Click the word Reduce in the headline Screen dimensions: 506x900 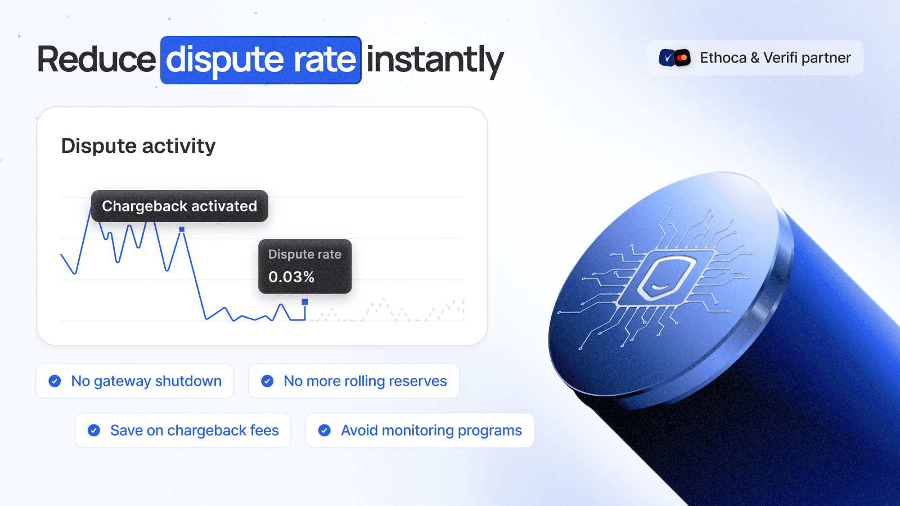point(96,60)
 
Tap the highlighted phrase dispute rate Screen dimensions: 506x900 point(261,60)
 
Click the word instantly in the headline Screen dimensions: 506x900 point(435,60)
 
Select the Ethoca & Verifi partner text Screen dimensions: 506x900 point(775,58)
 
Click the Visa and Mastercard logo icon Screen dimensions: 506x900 point(675,58)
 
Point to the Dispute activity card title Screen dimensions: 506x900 point(138,146)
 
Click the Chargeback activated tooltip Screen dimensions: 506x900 point(179,206)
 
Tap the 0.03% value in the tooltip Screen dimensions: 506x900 point(291,277)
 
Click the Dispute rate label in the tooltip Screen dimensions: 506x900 point(305,254)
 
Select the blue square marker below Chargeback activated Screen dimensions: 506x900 point(182,229)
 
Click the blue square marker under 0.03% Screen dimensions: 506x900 point(305,302)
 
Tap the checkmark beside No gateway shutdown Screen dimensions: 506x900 point(55,381)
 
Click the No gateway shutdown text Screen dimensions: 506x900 point(146,381)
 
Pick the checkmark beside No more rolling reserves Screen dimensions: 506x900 point(267,381)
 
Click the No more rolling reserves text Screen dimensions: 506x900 point(365,381)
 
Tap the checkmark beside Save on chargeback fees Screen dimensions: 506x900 point(94,431)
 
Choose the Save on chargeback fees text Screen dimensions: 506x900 point(195,431)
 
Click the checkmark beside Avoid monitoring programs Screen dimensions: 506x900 point(325,431)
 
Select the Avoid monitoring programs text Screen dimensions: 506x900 point(431,431)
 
